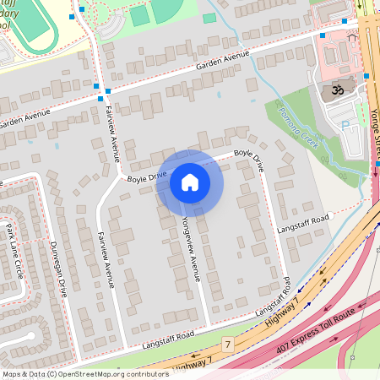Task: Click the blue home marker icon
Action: point(190,182)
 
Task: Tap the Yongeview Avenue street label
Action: point(190,246)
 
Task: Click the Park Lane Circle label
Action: point(14,251)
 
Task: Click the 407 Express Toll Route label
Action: point(311,335)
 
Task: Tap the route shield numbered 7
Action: point(227,345)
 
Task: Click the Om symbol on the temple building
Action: point(331,88)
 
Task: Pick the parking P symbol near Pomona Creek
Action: point(345,125)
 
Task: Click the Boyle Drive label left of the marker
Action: point(147,177)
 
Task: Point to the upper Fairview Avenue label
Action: point(112,132)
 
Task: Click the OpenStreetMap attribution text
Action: point(84,373)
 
